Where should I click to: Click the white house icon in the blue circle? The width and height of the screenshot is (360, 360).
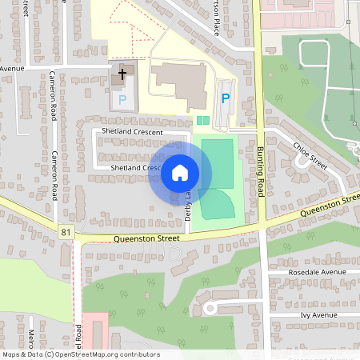(180, 172)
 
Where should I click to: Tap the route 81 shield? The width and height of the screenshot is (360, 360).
(65, 233)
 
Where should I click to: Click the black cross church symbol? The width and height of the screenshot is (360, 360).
(122, 74)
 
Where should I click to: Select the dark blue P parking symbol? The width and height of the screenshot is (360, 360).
(226, 98)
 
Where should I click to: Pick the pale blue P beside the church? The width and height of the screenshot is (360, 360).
(122, 100)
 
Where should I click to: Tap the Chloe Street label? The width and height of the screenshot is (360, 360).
(310, 154)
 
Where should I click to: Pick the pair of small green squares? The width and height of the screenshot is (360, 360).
(202, 121)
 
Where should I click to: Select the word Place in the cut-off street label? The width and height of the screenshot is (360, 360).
(215, 26)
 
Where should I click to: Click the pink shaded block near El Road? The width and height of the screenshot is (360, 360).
(94, 329)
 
